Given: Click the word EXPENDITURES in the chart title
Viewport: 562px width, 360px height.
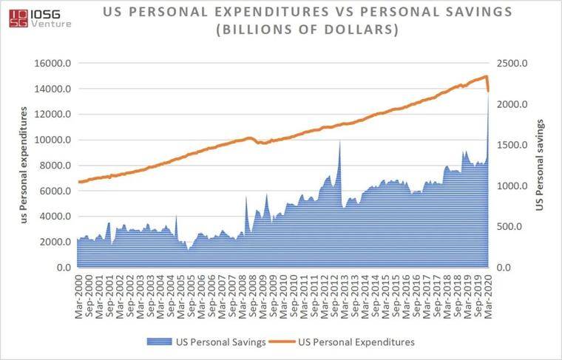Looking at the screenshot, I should (229, 13).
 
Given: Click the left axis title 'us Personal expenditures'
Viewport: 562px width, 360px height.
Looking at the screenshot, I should (25, 165).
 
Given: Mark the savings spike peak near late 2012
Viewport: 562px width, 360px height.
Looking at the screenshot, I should (339, 140).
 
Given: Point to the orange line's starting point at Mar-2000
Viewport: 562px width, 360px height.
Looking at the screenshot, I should (78, 182).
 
